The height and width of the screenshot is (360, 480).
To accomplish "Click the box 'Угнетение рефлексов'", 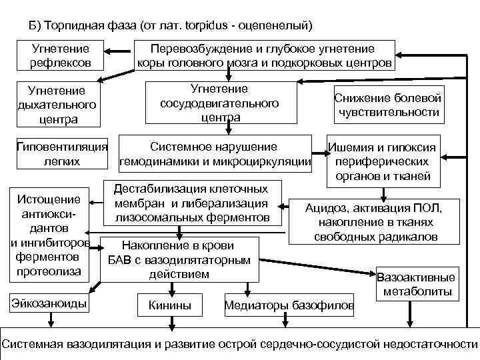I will pos(61,55).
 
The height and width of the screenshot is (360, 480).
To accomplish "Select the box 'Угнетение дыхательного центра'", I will pos(57,105).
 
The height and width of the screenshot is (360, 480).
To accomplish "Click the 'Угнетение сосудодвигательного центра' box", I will pos(219,103).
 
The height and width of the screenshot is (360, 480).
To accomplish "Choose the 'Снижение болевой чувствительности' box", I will pos(388,105).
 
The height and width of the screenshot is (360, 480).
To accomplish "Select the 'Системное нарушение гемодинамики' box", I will pos(215,154).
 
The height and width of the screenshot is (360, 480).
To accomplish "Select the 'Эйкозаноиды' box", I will pos(49,303).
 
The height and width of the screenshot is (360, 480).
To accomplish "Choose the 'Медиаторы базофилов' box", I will pos(289,305).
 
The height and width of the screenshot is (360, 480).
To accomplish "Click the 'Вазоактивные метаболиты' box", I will pos(416,285).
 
